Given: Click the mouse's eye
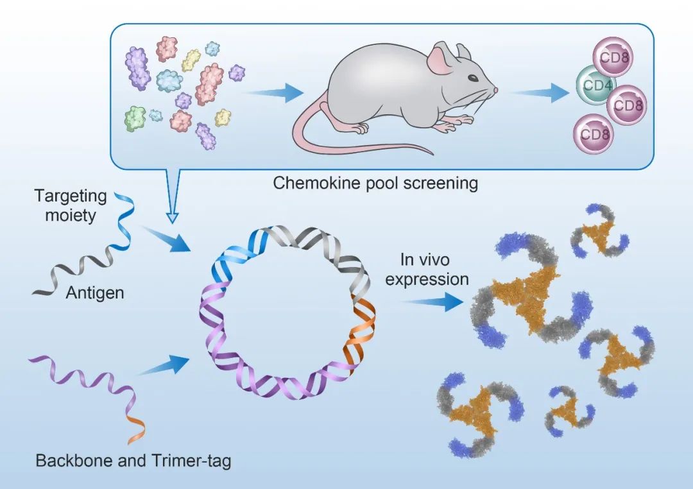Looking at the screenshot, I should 472,78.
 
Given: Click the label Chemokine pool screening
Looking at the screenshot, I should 375,183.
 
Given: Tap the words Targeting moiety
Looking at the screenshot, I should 65,205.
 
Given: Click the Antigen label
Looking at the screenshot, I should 95,293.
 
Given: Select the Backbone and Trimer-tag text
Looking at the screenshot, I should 133,461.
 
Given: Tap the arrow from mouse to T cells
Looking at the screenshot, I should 540,94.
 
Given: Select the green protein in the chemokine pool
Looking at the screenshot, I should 135,119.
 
